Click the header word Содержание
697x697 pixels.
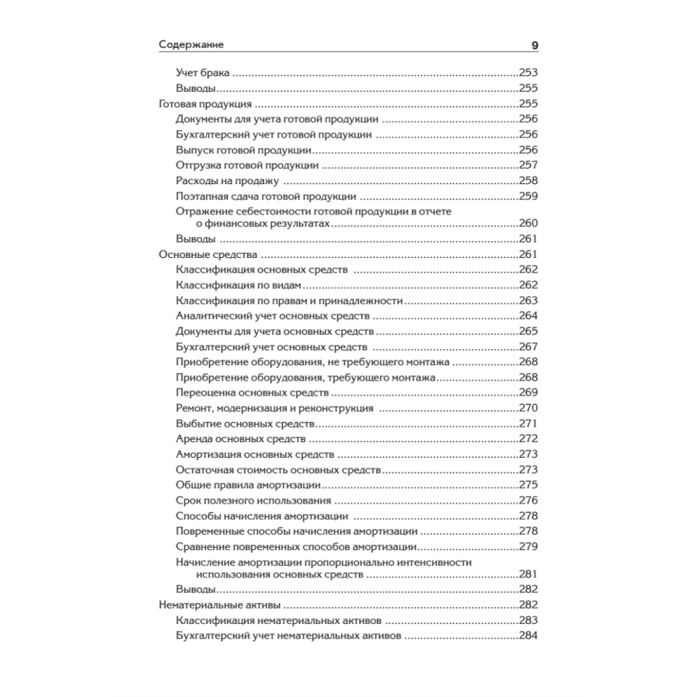pyautogui.click(x=191, y=45)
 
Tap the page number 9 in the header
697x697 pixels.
pyautogui.click(x=535, y=45)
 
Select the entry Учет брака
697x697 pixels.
pyautogui.click(x=202, y=72)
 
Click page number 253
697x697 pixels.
pyautogui.click(x=528, y=72)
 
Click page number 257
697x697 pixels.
pyautogui.click(x=528, y=165)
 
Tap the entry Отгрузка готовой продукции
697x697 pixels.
pyautogui.click(x=247, y=165)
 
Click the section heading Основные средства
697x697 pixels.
pyautogui.click(x=208, y=254)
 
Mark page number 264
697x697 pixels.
pyautogui.click(x=528, y=316)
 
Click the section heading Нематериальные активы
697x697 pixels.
pyautogui.click(x=220, y=605)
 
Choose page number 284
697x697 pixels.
pyautogui.click(x=528, y=636)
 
